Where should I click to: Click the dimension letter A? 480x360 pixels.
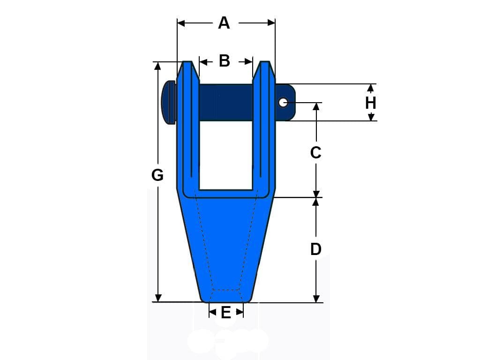tap(224, 23)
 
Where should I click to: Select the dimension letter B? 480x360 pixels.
tap(225, 61)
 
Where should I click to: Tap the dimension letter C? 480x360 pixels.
tap(315, 152)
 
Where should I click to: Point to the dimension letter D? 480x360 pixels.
tap(316, 249)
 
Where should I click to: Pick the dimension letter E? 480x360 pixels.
tap(226, 313)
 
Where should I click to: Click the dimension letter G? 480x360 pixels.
tap(157, 175)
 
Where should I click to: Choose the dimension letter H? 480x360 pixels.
tap(371, 103)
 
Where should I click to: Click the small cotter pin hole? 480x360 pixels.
tap(283, 102)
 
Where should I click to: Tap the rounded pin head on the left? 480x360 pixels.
tap(168, 102)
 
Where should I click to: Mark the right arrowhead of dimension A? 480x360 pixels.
tap(271, 23)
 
